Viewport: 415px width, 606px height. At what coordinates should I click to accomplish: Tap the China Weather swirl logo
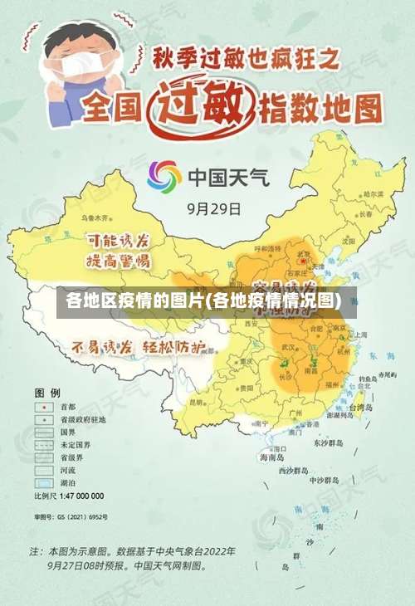(164, 176)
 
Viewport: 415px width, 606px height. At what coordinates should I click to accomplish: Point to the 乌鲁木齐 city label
(95, 217)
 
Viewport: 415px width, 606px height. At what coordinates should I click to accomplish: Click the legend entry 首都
(67, 408)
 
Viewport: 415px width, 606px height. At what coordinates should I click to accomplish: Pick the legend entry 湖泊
(67, 482)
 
